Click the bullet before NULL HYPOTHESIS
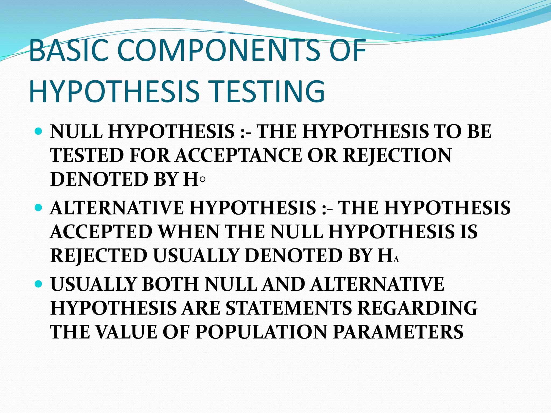coord(39,132)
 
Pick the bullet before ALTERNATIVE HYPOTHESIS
coord(39,208)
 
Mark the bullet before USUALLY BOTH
coord(39,284)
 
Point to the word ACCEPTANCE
coord(239,155)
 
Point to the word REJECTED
coord(99,255)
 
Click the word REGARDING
coord(418,308)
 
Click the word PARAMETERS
coord(398,332)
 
